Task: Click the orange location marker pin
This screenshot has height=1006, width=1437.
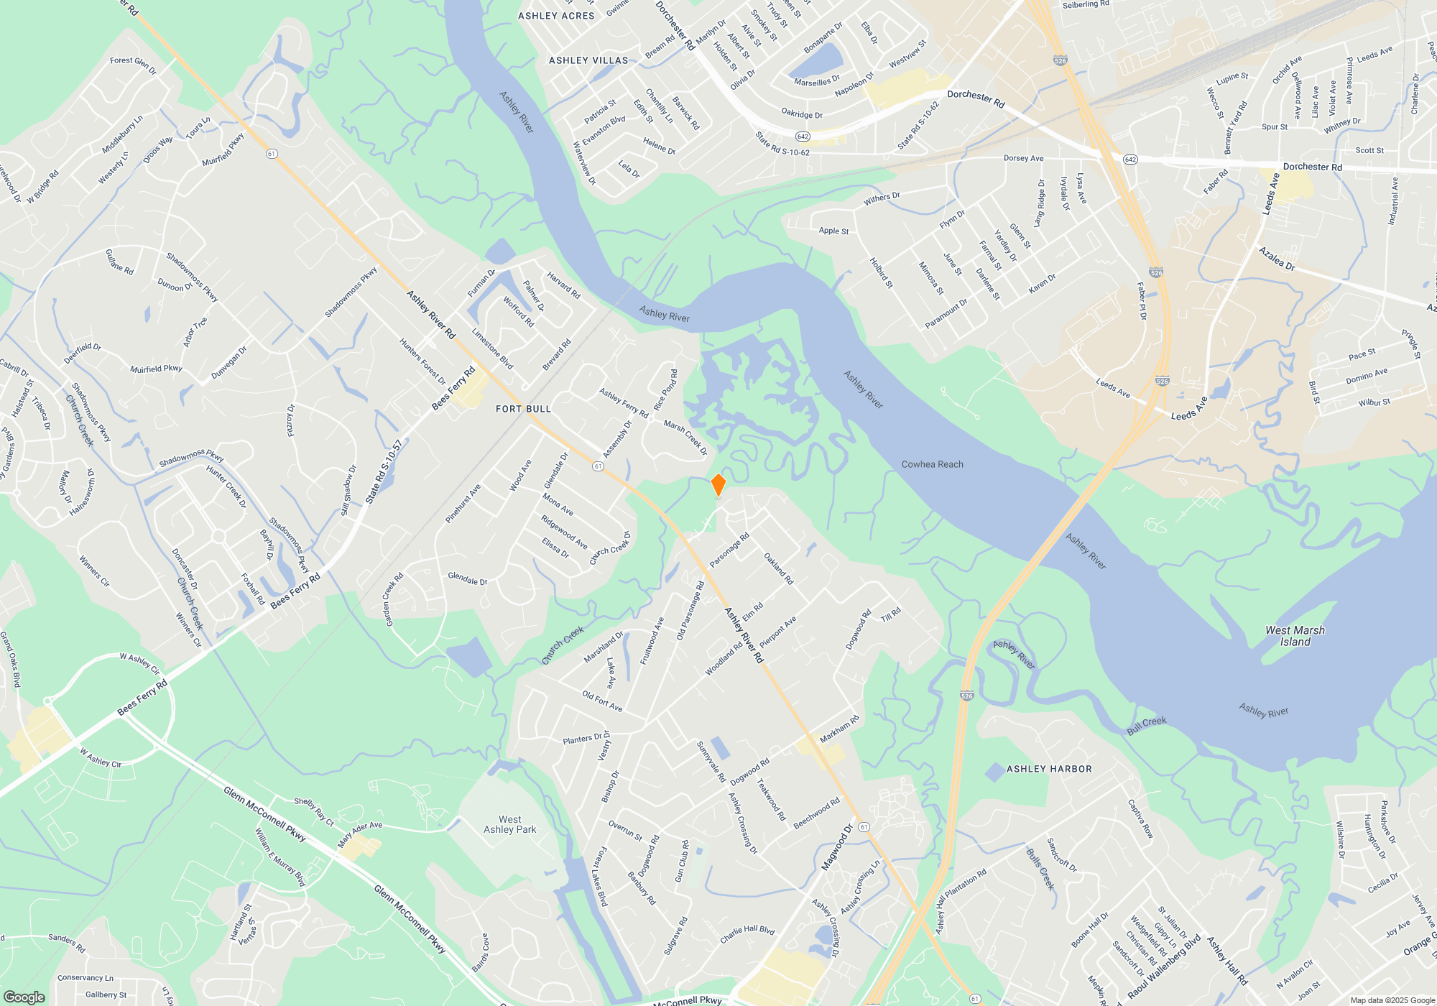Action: (x=718, y=485)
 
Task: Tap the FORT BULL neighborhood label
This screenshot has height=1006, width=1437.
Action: (x=523, y=409)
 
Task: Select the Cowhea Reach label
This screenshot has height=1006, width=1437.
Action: (x=932, y=464)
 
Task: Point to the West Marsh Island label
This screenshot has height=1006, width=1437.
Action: (x=1295, y=636)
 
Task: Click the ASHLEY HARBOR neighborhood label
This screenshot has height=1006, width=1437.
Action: (x=1049, y=769)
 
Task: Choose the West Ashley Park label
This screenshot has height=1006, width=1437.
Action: (x=510, y=824)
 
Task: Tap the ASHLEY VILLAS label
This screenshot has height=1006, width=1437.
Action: (x=588, y=60)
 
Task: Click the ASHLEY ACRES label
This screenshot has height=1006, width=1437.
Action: (x=556, y=16)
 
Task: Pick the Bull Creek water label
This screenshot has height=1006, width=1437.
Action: (x=1147, y=726)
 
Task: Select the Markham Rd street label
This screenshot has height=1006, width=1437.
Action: (x=839, y=729)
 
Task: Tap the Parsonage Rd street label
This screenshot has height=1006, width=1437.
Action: (x=729, y=550)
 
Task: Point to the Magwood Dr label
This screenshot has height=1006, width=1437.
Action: (x=837, y=848)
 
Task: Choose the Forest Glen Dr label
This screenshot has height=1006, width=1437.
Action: (x=133, y=65)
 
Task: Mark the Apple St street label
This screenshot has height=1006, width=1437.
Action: (x=833, y=231)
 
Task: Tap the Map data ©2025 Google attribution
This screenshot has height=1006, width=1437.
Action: (x=1392, y=1000)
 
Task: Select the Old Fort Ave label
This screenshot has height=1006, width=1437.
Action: (x=602, y=701)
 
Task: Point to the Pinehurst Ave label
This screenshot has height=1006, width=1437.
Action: (x=463, y=503)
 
